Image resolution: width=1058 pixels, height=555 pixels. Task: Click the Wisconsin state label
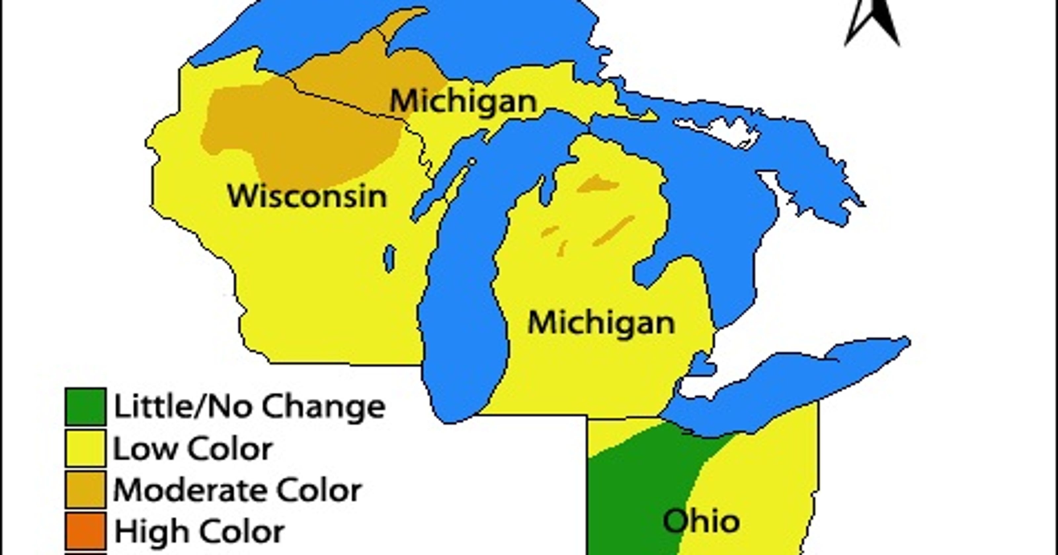(x=307, y=197)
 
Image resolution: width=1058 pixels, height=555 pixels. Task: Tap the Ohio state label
(x=701, y=521)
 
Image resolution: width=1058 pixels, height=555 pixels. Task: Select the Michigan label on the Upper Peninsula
(x=463, y=101)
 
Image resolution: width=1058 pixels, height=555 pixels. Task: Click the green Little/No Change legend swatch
(x=85, y=406)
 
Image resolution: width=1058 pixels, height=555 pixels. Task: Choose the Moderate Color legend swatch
(x=85, y=489)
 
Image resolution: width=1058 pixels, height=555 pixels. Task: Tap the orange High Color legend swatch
(x=85, y=530)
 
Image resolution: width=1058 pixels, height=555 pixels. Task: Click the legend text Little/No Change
(x=249, y=406)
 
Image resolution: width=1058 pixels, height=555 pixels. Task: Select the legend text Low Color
(x=192, y=449)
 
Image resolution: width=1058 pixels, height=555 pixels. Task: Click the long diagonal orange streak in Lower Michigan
(x=614, y=231)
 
